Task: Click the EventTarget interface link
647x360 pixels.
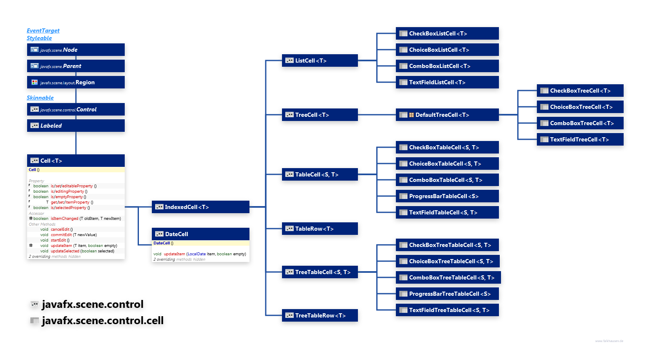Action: click(x=43, y=30)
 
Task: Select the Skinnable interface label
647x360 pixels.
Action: click(x=40, y=98)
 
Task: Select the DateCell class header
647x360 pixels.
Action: click(x=200, y=234)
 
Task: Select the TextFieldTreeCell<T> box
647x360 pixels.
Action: click(x=580, y=139)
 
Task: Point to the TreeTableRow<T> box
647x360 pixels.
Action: click(x=320, y=315)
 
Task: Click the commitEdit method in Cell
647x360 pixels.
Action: click(x=61, y=235)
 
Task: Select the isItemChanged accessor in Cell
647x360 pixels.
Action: click(x=64, y=219)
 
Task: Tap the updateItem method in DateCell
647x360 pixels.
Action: click(x=174, y=254)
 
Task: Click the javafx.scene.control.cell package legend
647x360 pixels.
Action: click(x=103, y=321)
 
